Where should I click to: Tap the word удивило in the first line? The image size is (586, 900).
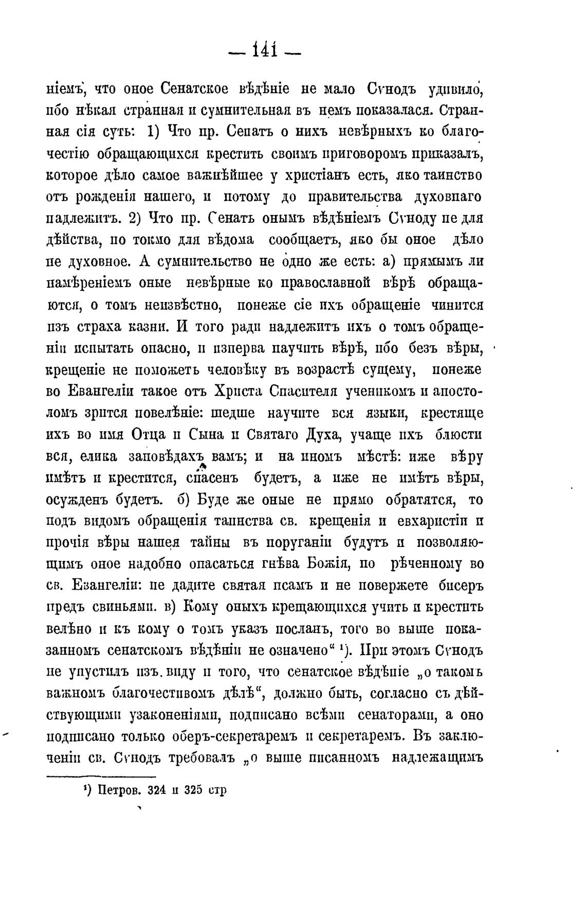coord(457,89)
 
